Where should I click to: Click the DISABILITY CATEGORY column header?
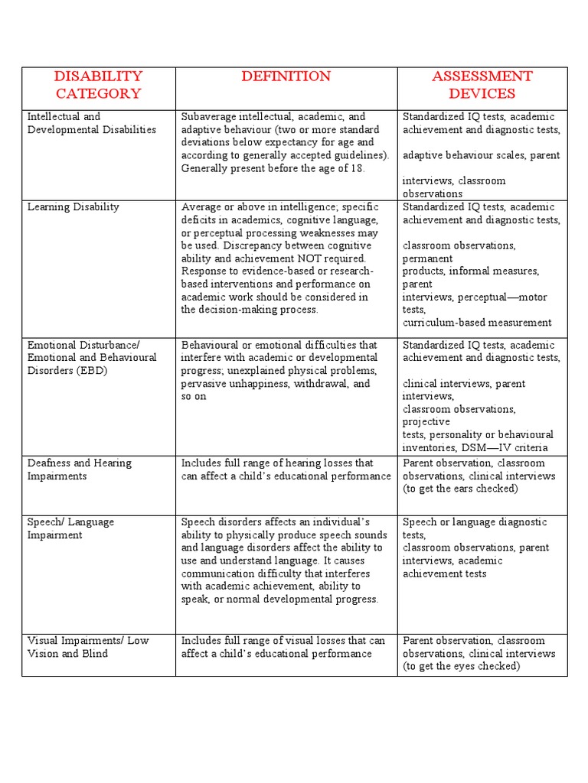[98, 85]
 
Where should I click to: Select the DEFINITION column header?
[286, 76]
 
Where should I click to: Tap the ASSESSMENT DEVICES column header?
[482, 85]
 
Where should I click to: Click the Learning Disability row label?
[73, 207]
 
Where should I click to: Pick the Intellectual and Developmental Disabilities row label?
[91, 123]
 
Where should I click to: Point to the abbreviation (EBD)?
[90, 371]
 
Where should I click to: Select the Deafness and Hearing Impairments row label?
[80, 469]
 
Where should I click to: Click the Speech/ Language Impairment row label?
[70, 528]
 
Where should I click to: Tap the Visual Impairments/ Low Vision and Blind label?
[88, 647]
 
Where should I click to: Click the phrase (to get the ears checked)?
[460, 489]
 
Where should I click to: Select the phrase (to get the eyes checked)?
[461, 667]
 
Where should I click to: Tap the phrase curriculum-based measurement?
[477, 323]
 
